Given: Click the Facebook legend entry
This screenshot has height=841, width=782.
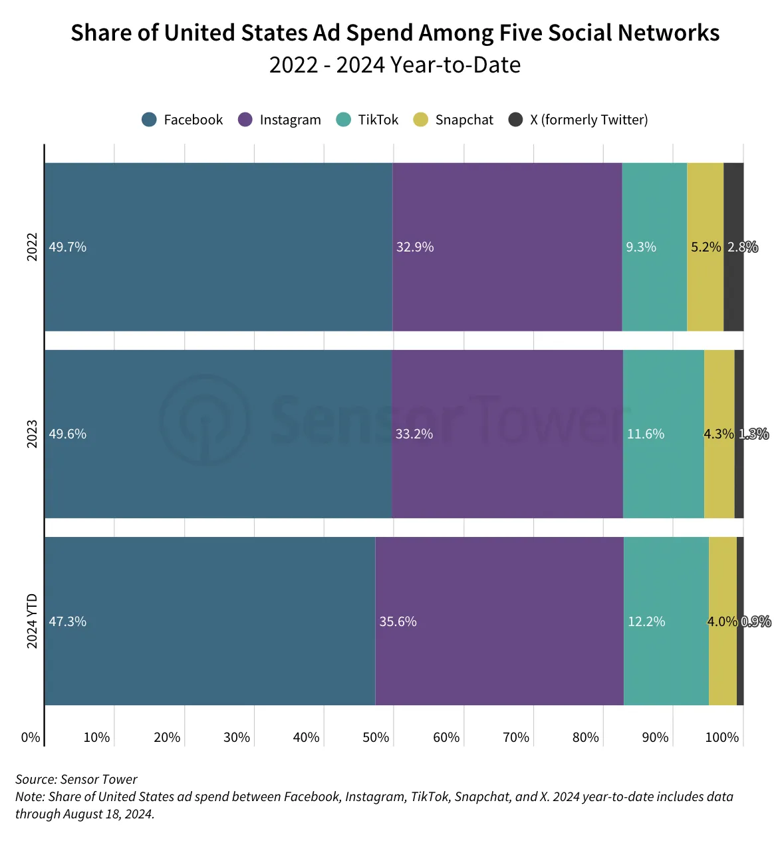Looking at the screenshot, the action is click(x=182, y=119).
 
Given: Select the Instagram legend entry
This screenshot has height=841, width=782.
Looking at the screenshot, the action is click(x=279, y=119).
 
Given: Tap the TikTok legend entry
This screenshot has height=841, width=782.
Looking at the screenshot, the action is click(x=367, y=119).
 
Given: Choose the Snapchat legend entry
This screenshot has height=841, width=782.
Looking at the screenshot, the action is click(x=454, y=119).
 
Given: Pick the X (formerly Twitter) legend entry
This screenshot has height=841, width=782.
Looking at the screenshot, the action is click(x=579, y=119).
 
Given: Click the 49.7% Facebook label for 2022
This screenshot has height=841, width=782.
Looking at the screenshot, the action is click(x=68, y=247).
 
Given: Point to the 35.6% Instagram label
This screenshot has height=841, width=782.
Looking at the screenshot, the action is click(x=398, y=621).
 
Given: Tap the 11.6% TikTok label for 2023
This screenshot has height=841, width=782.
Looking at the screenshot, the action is click(x=646, y=434).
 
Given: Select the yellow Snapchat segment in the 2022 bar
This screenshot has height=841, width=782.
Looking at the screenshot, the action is click(x=706, y=247).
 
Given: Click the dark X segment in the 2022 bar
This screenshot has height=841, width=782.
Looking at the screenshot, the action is click(x=733, y=247).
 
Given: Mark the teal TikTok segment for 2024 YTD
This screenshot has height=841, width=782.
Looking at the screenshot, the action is click(x=666, y=621).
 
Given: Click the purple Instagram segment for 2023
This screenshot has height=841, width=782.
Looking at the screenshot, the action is click(x=507, y=434).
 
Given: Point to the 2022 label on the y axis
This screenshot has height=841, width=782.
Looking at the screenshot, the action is click(x=32, y=247).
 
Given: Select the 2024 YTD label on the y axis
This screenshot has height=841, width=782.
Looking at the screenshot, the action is click(x=32, y=621).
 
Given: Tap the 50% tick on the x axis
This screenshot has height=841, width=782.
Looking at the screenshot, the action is click(x=376, y=737).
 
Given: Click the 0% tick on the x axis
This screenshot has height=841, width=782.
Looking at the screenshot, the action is click(x=31, y=737).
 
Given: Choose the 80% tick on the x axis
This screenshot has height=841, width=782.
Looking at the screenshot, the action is click(x=586, y=737).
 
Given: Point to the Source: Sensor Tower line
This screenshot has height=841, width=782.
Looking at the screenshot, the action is click(x=76, y=779).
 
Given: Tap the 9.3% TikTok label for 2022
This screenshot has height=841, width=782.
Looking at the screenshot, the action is click(x=641, y=247).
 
